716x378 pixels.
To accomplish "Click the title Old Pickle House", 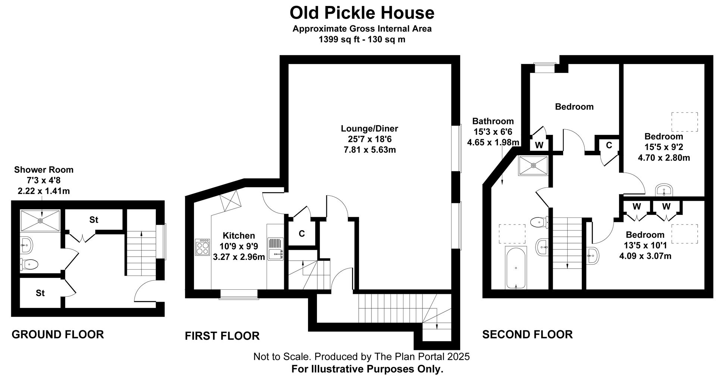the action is pyautogui.click(x=362, y=13).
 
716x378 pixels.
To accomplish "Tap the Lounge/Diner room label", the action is pyautogui.click(x=369, y=128).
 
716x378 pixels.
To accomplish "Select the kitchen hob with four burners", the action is pyautogui.click(x=202, y=247).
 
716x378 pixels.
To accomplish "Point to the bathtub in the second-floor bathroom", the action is pyautogui.click(x=516, y=267).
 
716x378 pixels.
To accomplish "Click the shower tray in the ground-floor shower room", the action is pyautogui.click(x=40, y=220).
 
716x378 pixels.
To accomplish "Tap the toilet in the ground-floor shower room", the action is pyautogui.click(x=29, y=265).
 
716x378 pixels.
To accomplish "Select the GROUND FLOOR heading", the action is pyautogui.click(x=58, y=334).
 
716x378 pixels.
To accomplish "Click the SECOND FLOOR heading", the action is pyautogui.click(x=527, y=334).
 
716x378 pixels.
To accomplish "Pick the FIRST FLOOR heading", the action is pyautogui.click(x=222, y=336).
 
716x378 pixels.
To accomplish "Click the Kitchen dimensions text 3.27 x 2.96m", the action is pyautogui.click(x=239, y=257).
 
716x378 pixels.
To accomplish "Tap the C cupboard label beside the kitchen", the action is pyautogui.click(x=302, y=234).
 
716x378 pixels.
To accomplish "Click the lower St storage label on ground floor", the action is pyautogui.click(x=40, y=293).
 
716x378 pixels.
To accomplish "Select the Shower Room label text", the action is pyautogui.click(x=44, y=170).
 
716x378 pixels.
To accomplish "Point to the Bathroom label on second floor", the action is pyautogui.click(x=493, y=121).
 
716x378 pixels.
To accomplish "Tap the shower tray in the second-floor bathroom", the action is pyautogui.click(x=533, y=165).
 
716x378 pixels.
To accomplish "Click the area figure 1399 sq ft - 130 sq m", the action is pyautogui.click(x=362, y=39).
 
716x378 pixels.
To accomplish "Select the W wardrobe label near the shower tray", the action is pyautogui.click(x=539, y=145).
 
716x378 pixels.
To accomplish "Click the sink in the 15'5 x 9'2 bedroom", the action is pyautogui.click(x=664, y=190).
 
